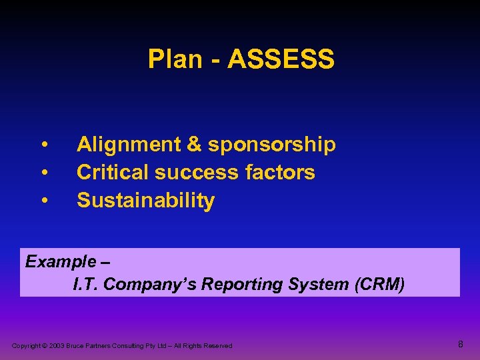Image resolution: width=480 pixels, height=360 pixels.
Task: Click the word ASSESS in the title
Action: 281,59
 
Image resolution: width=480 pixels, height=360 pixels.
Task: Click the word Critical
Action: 113,173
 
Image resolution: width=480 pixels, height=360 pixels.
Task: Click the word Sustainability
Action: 145,201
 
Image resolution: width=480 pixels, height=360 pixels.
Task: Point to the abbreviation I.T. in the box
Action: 86,285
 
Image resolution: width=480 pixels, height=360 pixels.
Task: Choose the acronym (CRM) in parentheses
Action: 380,285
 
